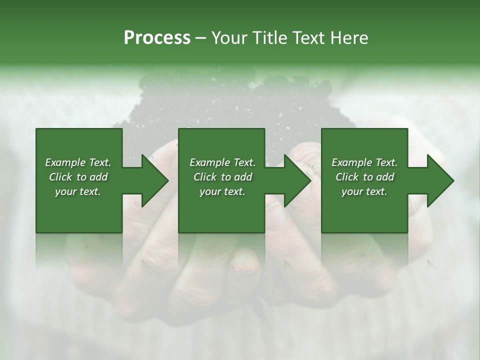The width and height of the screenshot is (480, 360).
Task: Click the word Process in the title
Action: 157,37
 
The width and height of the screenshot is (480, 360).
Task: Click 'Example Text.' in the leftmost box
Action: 78,162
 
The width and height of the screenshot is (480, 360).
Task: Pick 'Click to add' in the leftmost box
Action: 78,177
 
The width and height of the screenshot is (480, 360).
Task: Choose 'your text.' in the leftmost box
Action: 78,191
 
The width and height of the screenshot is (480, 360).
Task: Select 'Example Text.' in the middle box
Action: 222,162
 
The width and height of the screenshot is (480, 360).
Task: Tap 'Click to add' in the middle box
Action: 222,177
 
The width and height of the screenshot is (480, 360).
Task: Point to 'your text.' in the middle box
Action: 222,191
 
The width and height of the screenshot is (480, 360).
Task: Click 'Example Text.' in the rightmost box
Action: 364,162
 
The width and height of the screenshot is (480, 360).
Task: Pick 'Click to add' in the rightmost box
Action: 364,177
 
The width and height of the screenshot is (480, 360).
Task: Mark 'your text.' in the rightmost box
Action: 364,191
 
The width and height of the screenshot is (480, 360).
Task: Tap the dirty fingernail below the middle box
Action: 243,262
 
